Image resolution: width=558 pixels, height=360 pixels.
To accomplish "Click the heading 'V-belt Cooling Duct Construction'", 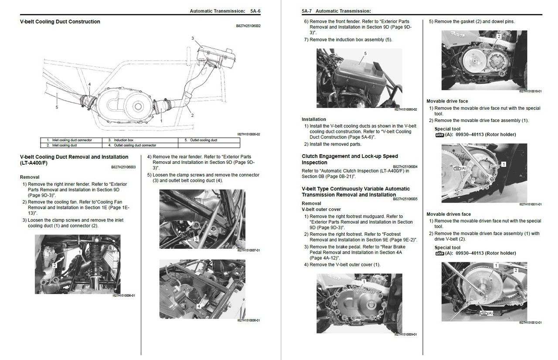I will point(60,22).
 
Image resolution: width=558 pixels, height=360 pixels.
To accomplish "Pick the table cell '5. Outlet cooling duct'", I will point(201,140).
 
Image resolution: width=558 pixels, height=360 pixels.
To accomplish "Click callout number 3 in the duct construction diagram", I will point(193,38).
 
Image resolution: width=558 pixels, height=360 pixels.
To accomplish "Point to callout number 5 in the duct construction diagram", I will point(57,107).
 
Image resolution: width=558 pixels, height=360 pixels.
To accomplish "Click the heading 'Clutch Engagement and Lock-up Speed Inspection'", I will point(350,159).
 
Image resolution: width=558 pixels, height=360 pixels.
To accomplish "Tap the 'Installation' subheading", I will point(314,119).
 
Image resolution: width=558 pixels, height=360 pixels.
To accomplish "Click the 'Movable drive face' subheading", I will point(447,101).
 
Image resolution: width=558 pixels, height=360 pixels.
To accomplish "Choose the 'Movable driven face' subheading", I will point(449,214).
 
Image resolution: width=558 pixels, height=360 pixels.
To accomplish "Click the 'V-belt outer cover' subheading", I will point(321,209).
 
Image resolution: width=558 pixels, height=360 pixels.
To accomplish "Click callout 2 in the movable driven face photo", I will point(516,270).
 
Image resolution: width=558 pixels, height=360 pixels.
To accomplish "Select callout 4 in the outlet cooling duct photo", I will point(199,306).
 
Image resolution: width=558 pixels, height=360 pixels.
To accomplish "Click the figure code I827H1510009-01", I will point(405,334).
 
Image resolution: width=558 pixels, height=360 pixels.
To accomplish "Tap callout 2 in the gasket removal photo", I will point(499,37).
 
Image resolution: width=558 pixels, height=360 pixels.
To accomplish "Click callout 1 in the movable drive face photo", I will point(504,164).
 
